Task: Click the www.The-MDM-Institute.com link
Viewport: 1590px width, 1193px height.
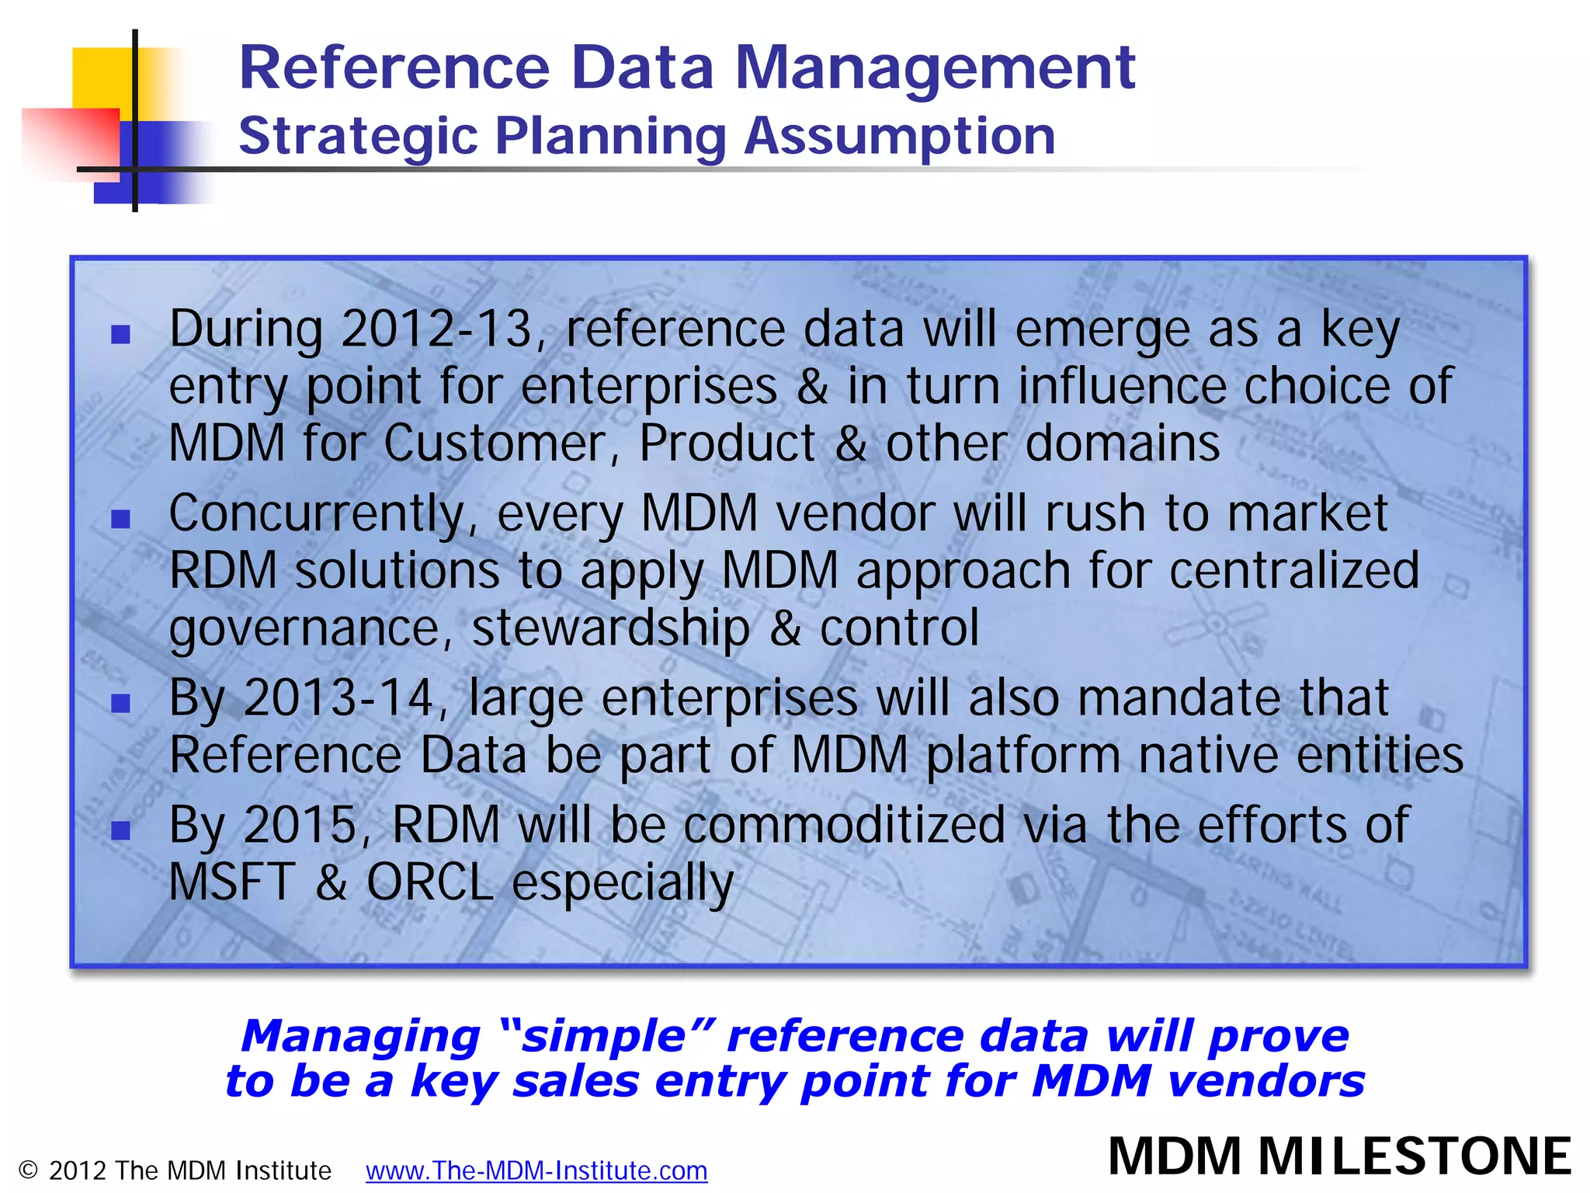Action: (536, 1170)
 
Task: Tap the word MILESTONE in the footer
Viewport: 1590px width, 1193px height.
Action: (1415, 1156)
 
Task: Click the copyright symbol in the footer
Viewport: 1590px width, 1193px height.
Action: (28, 1170)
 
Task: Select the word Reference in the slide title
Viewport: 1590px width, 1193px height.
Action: (394, 68)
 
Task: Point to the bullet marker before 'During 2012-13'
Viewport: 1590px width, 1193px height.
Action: (120, 335)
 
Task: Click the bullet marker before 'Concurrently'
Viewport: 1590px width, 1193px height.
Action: (120, 519)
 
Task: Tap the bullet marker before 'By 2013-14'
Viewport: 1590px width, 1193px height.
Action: (120, 704)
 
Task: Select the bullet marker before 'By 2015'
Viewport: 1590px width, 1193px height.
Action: (120, 831)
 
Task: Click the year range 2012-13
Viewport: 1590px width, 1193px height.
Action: (436, 329)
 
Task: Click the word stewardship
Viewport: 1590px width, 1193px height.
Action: (610, 628)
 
